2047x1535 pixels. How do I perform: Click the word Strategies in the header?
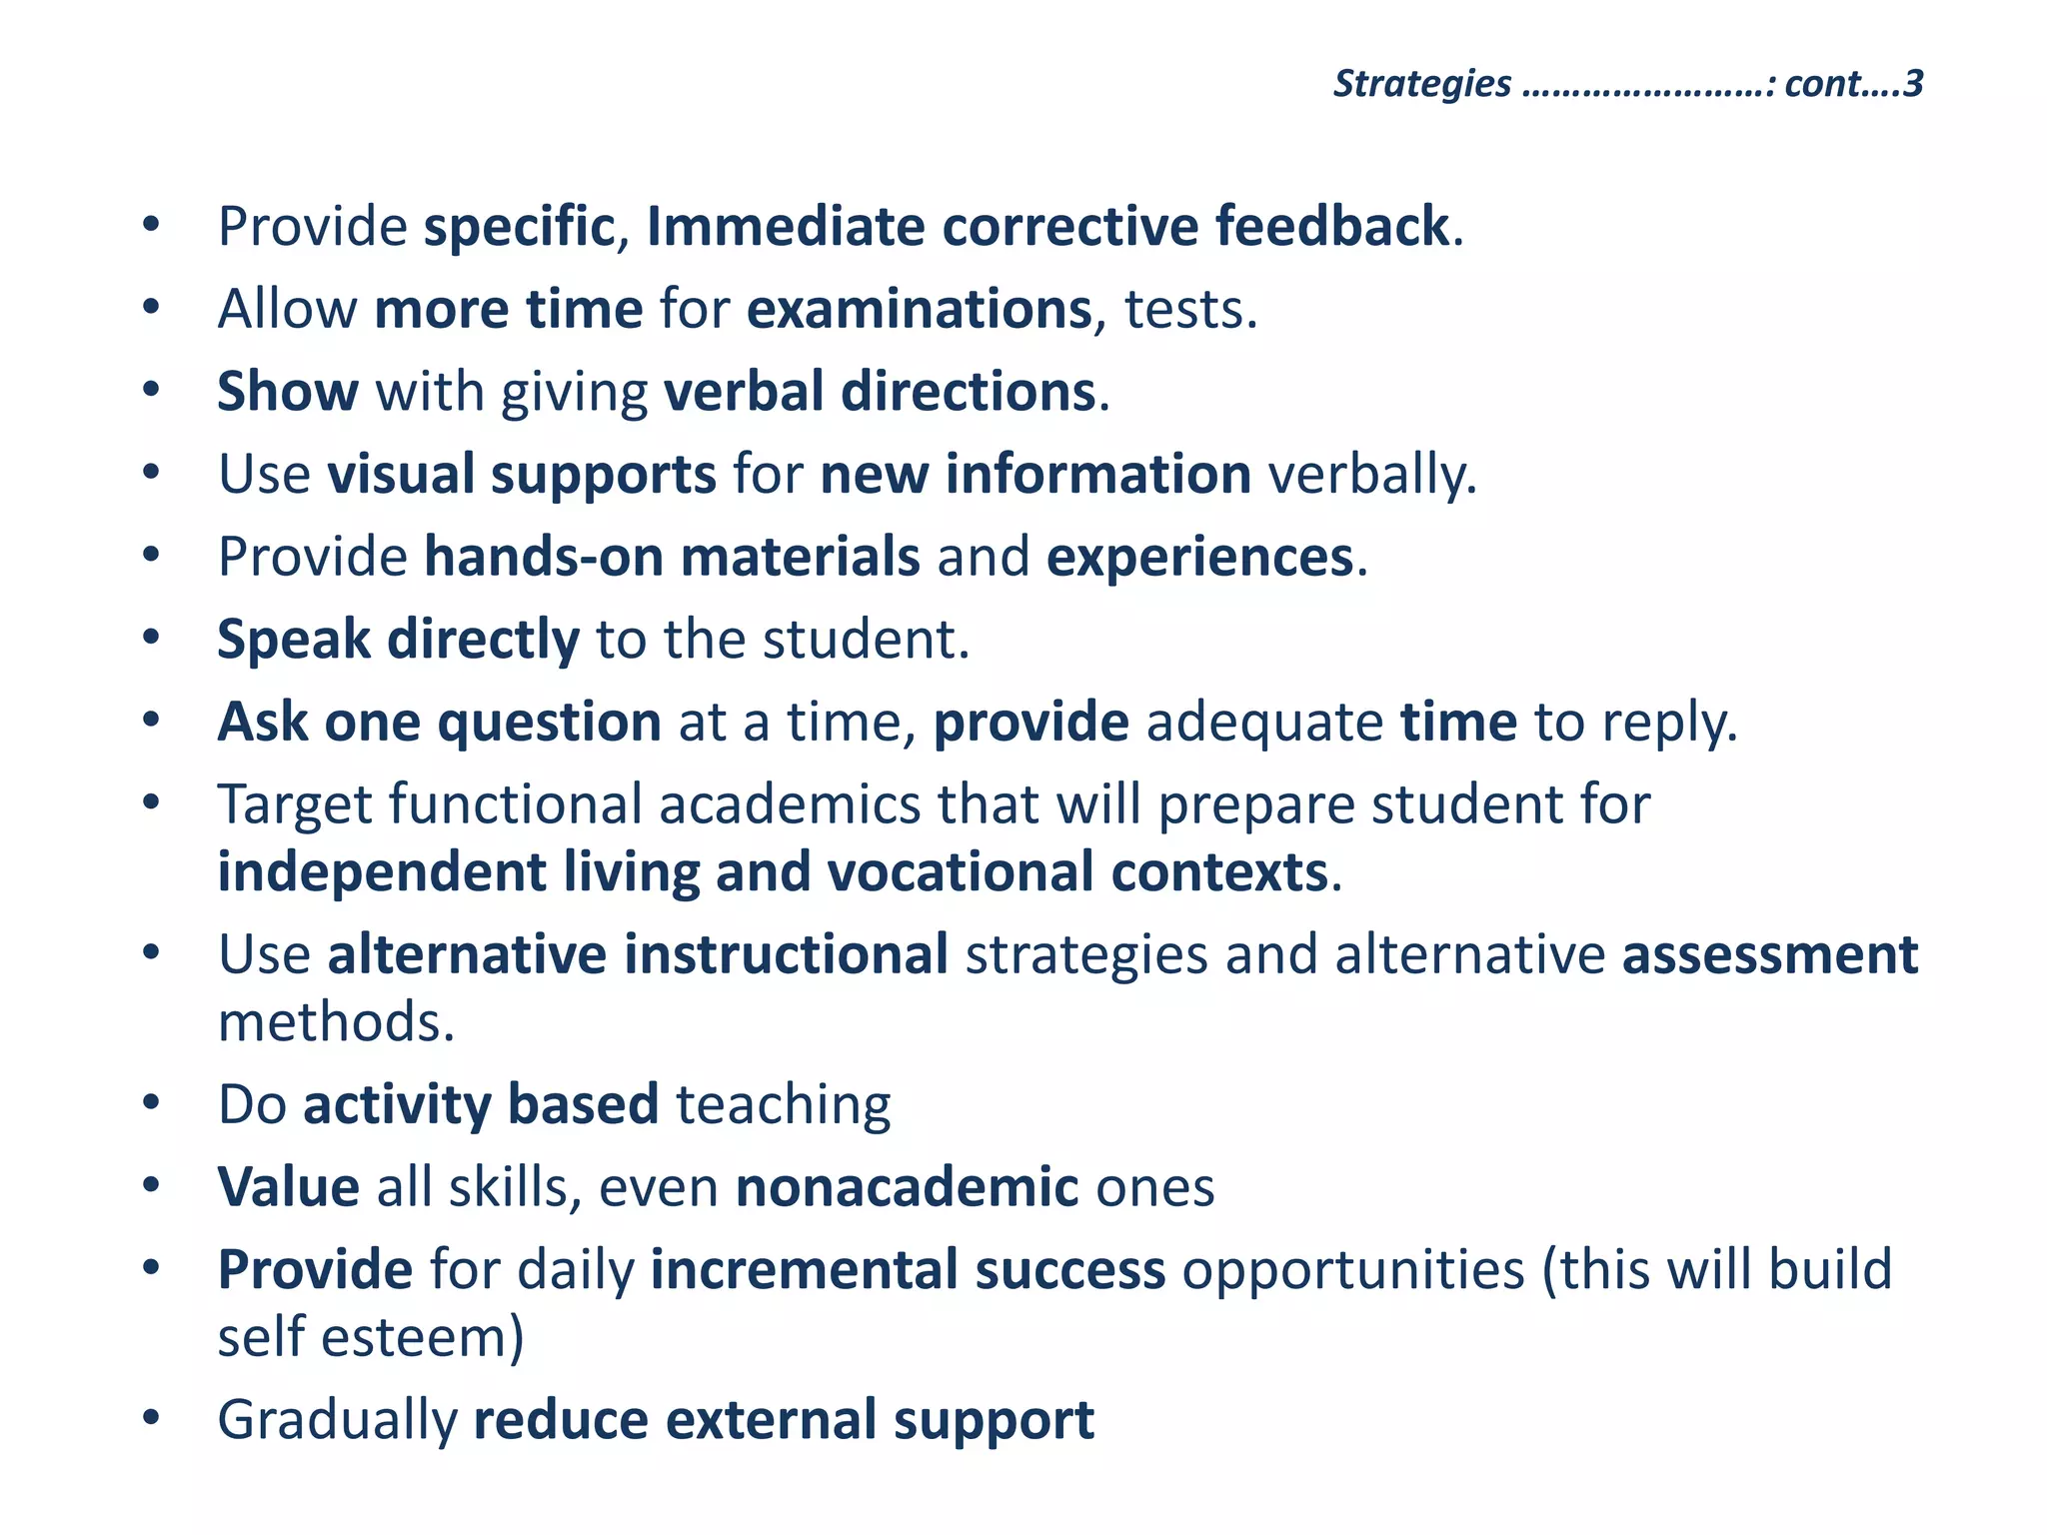pyautogui.click(x=1421, y=84)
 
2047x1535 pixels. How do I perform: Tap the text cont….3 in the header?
pyautogui.click(x=1853, y=84)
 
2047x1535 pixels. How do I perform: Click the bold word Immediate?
pyautogui.click(x=786, y=226)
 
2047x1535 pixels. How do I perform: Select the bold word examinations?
pyautogui.click(x=919, y=309)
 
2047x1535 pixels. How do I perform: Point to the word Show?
pyautogui.click(x=288, y=391)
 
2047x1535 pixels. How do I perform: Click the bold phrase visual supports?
pyautogui.click(x=522, y=475)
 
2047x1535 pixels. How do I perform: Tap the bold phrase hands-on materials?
pyautogui.click(x=672, y=557)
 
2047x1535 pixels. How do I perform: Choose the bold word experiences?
pyautogui.click(x=1199, y=557)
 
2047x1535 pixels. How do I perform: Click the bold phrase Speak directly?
pyautogui.click(x=398, y=640)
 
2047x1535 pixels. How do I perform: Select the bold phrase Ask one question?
pyautogui.click(x=440, y=722)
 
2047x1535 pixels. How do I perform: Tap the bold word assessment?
pyautogui.click(x=1769, y=954)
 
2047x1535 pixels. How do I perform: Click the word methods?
pyautogui.click(x=336, y=1022)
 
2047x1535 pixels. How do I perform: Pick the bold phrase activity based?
pyautogui.click(x=481, y=1105)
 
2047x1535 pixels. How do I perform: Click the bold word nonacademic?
pyautogui.click(x=907, y=1187)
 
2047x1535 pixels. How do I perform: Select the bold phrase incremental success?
pyautogui.click(x=908, y=1270)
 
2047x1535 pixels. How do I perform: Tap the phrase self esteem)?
pyautogui.click(x=371, y=1337)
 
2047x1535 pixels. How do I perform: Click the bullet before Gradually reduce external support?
pyautogui.click(x=151, y=1418)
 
